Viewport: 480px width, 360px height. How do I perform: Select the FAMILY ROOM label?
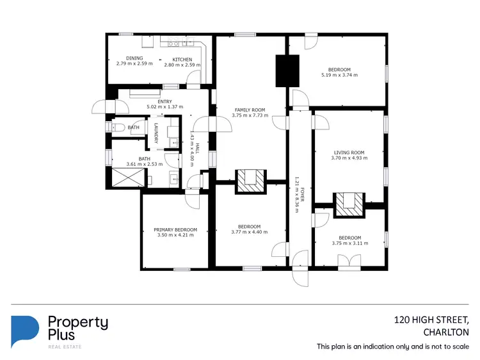tap(249, 110)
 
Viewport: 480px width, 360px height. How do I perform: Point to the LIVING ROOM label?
tap(349, 152)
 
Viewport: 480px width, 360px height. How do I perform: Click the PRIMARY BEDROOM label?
tap(175, 229)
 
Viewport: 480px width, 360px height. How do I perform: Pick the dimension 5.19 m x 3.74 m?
tap(339, 75)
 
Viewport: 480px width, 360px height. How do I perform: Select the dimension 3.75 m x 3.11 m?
tap(350, 243)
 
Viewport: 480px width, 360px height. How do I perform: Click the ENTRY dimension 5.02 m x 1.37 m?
tap(164, 106)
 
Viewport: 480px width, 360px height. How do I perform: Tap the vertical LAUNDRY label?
tap(156, 132)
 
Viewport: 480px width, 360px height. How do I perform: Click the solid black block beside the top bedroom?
tap(287, 71)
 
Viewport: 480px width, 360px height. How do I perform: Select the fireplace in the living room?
tap(349, 203)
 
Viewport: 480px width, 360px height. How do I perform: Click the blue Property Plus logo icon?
tap(25, 331)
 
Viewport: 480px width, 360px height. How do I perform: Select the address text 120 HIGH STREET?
tap(431, 320)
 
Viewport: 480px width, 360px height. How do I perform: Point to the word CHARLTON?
tap(446, 332)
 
